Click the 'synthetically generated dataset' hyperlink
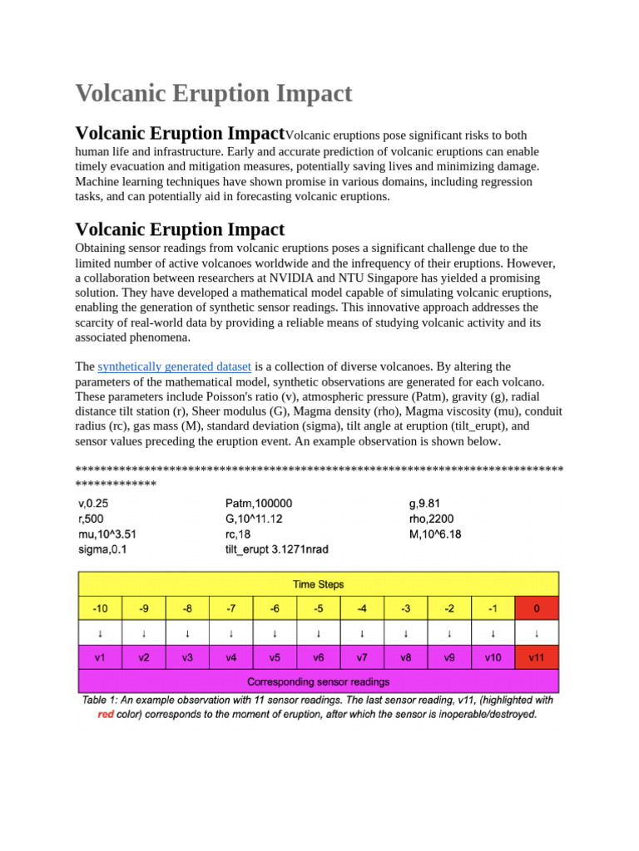pos(175,366)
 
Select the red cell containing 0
pos(537,608)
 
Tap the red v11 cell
pos(537,657)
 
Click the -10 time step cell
pos(100,608)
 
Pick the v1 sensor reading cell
pos(100,657)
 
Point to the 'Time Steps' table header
pos(318,584)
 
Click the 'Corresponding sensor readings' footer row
pos(318,681)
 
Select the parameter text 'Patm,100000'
pos(259,504)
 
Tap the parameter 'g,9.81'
pos(424,504)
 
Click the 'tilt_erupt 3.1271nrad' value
pos(277,549)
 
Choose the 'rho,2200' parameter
pos(431,519)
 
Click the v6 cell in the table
pos(319,657)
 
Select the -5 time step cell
pos(319,608)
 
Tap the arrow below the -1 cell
pos(493,633)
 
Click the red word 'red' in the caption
pos(106,714)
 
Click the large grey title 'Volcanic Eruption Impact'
pos(214,93)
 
